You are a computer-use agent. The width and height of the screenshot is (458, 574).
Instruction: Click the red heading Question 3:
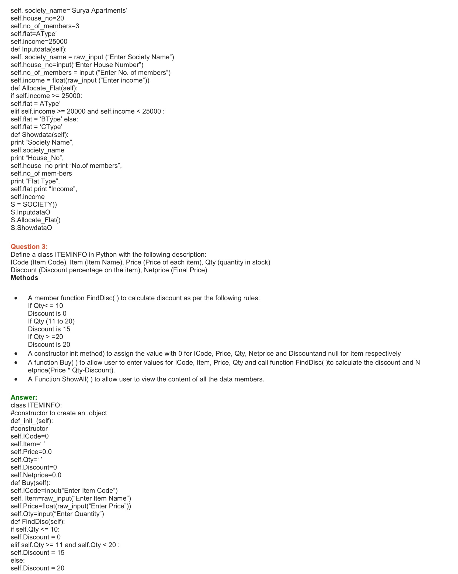click(x=29, y=247)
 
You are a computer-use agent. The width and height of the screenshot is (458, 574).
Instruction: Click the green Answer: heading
click(x=24, y=397)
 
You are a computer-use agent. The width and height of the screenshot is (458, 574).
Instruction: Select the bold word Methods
click(x=24, y=278)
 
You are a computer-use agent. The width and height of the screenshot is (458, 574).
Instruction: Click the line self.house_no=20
click(x=37, y=18)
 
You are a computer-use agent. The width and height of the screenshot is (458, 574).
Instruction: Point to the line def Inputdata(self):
click(x=39, y=49)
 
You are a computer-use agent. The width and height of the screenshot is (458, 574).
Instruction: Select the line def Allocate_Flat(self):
click(x=44, y=88)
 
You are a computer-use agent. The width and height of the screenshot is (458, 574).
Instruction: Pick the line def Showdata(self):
click(x=39, y=135)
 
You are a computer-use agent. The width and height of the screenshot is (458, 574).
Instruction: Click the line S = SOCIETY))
click(x=34, y=205)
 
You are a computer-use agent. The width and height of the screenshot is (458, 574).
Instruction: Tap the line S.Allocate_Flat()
click(x=36, y=220)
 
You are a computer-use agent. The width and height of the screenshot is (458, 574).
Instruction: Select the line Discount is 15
click(x=49, y=329)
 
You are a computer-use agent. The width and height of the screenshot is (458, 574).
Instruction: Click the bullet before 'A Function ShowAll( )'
click(x=16, y=379)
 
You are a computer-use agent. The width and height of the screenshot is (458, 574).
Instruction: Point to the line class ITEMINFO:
click(x=36, y=405)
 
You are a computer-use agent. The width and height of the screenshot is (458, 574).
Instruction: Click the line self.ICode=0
click(x=30, y=436)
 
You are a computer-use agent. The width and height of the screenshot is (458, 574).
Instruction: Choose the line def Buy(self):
click(x=30, y=483)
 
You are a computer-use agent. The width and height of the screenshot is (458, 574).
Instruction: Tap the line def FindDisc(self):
click(x=38, y=522)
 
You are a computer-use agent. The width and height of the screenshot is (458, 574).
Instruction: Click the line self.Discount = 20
click(x=37, y=568)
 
